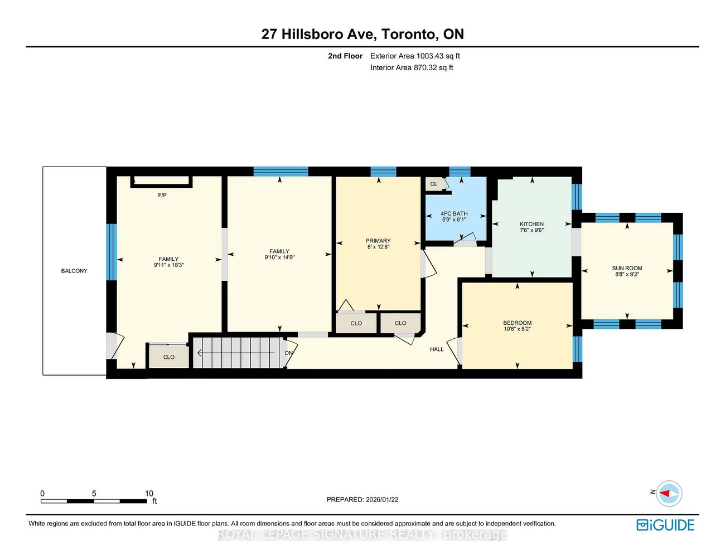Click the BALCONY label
point(74,271)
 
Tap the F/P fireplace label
point(162,195)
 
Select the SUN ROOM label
point(627,268)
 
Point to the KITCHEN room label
point(531,224)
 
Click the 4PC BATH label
point(454,213)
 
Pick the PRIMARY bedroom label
point(378,241)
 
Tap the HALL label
point(437,349)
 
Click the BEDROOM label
point(517,323)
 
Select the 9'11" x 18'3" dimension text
point(168,265)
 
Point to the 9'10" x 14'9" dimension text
point(279,257)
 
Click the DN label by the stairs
point(288,353)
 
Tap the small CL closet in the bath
point(434,184)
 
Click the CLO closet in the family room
point(169,357)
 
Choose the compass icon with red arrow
point(669,493)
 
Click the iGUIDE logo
point(665,525)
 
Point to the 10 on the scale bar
point(149,493)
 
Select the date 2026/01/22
point(382,500)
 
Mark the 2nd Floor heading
point(345,56)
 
